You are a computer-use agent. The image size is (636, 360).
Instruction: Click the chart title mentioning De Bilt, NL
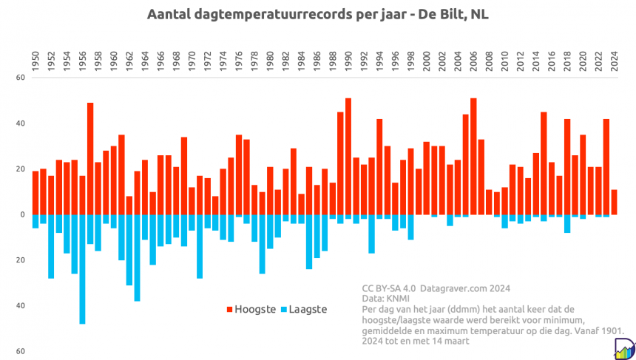point(318,15)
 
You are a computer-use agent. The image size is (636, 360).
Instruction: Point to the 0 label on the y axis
point(21,214)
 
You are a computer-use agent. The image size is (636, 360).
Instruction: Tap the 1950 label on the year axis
point(35,58)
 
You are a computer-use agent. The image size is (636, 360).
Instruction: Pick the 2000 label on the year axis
point(426,58)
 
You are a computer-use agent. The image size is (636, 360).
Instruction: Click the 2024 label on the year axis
point(613,58)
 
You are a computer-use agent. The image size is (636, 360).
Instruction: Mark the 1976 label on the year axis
point(239,58)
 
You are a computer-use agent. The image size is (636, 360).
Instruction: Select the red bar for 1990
point(348,156)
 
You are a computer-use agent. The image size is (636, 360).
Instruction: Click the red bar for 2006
point(473,156)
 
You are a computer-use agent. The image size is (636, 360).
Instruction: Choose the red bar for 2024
point(614,202)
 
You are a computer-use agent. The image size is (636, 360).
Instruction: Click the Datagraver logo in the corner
point(623,346)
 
